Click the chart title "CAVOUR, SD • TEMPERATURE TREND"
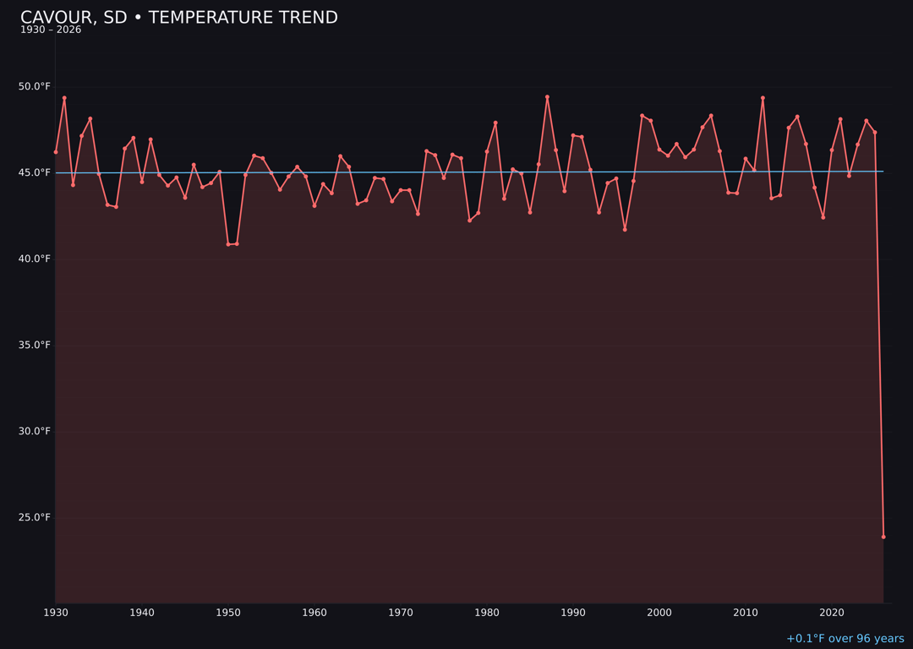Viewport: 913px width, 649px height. (x=178, y=18)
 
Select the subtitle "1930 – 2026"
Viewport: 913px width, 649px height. (x=51, y=30)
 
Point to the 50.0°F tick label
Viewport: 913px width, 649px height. (x=35, y=86)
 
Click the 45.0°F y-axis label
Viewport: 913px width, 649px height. (x=35, y=172)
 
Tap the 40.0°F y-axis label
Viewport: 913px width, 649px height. (x=35, y=259)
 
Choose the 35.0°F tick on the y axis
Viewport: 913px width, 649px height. (x=35, y=345)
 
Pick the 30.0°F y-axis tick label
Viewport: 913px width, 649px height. (x=35, y=431)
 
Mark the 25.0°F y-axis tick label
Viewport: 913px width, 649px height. (x=35, y=517)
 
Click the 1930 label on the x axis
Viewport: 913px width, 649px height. (x=56, y=613)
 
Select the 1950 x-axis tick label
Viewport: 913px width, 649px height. (x=228, y=613)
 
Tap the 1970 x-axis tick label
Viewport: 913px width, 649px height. (x=401, y=613)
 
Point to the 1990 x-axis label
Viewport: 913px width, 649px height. (x=573, y=613)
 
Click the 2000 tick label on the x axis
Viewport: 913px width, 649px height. (x=659, y=613)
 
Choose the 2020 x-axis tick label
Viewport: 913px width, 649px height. (x=832, y=613)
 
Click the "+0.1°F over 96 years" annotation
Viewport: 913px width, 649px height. (x=845, y=639)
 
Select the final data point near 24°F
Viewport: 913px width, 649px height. (x=883, y=537)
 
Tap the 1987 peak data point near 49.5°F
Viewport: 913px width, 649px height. (x=547, y=97)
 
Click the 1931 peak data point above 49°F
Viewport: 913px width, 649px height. (x=64, y=98)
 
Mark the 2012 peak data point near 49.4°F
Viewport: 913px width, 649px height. (x=763, y=98)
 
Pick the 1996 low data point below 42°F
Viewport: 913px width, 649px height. (x=625, y=229)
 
